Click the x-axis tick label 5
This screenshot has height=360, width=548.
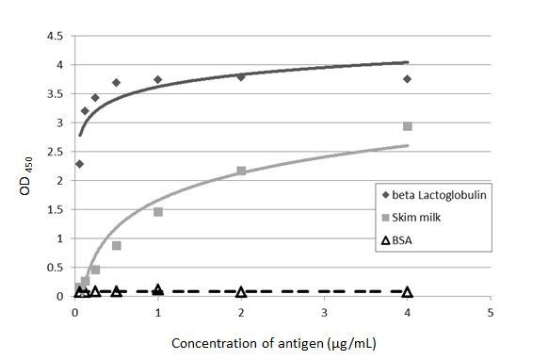490,312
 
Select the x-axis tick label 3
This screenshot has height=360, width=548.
324,312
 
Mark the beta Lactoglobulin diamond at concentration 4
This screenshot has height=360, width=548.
407,79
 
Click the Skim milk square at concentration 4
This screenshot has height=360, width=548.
407,126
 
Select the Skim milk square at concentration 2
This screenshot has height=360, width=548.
241,171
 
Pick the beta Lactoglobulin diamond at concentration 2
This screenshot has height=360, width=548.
241,76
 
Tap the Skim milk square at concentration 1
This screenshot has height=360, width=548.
158,212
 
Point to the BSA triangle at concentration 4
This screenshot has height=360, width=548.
407,292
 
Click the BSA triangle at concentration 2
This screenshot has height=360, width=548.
241,292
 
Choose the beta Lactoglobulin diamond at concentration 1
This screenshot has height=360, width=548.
158,79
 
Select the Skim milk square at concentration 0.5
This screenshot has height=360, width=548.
117,245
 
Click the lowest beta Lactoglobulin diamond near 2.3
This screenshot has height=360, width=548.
79,164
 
